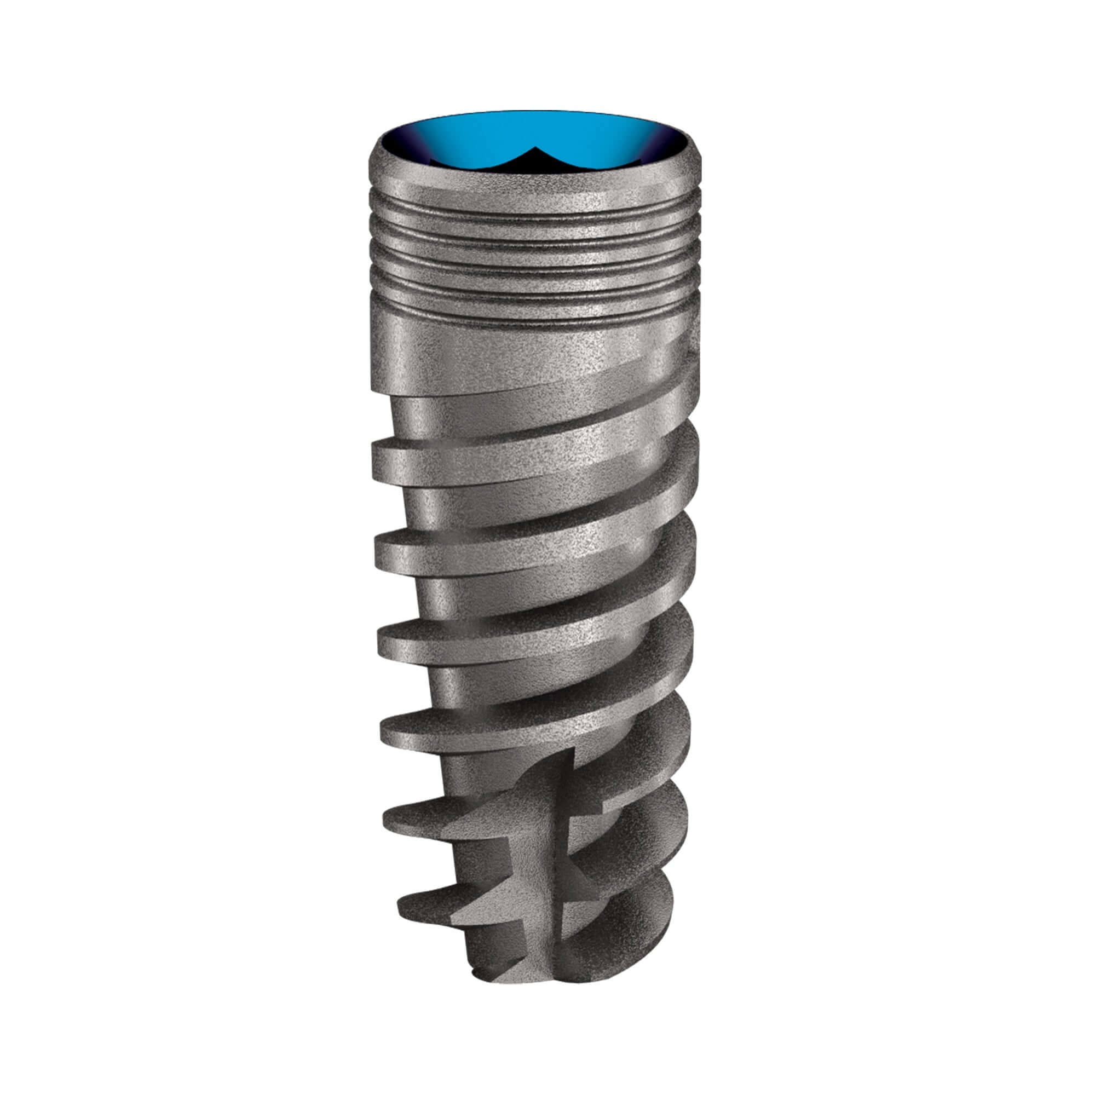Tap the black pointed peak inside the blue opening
tap(533, 149)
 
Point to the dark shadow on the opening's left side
tap(397, 147)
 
